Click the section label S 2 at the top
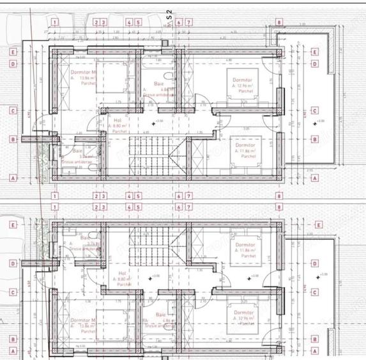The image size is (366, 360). (x=169, y=13)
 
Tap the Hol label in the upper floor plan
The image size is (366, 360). (x=118, y=120)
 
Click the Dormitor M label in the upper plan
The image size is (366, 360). (x=82, y=74)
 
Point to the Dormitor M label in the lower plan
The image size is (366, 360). (x=82, y=320)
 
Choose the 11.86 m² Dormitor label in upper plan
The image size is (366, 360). (x=245, y=145)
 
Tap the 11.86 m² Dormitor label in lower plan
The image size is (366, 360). (x=245, y=246)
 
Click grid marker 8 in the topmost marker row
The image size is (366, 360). (x=279, y=22)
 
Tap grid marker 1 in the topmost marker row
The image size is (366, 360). (x=55, y=22)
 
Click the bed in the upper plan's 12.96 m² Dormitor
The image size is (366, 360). (x=243, y=83)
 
